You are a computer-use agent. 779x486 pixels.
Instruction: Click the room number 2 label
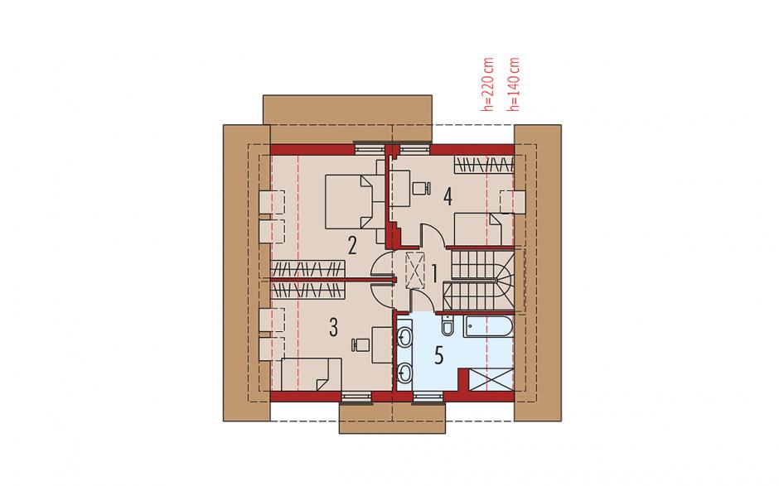click(352, 245)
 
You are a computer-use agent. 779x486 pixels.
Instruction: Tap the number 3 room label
click(333, 328)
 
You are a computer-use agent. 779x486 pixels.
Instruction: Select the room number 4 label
click(448, 197)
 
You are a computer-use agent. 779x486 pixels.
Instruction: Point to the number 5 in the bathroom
click(438, 356)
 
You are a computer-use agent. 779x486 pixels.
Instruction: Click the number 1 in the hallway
click(433, 273)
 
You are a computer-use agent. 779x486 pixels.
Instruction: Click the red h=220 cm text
click(488, 84)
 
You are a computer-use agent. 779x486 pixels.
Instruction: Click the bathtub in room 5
click(488, 326)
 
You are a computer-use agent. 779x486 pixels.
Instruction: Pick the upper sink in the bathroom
click(405, 336)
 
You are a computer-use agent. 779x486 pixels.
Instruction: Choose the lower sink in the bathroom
click(405, 373)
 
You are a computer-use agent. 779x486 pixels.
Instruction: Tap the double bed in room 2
click(351, 201)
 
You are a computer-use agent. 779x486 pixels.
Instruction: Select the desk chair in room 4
click(422, 188)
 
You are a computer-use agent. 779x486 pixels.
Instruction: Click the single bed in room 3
click(311, 374)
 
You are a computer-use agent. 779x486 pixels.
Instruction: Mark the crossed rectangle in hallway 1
click(414, 270)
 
